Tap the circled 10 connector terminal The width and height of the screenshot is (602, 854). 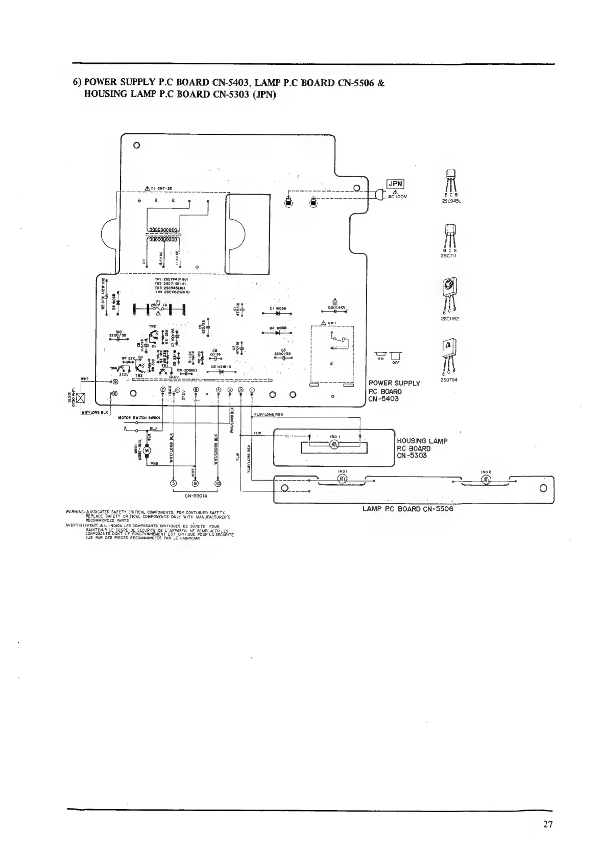[x=219, y=483]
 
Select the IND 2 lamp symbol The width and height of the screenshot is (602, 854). [x=486, y=480]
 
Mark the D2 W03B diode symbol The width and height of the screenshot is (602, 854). [x=278, y=333]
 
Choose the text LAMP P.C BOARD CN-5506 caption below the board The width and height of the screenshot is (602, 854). [x=407, y=509]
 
